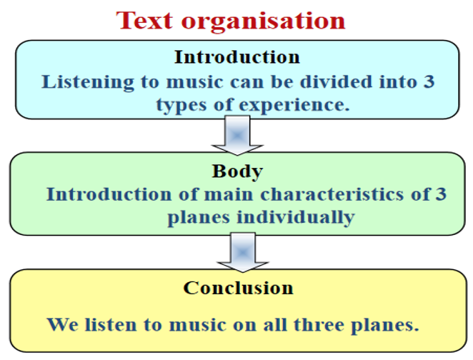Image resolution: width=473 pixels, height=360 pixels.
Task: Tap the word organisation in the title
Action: pos(263,21)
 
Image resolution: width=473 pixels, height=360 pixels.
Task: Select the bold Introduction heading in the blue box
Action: pos(237,57)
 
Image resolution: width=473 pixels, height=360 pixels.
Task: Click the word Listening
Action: pos(88,82)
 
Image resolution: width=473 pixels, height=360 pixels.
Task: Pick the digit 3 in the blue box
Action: pos(429,81)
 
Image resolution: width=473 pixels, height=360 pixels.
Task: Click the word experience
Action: pos(294,105)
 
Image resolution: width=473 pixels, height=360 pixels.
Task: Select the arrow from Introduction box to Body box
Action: pos(237,136)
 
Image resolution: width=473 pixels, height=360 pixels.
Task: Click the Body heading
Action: pos(237,171)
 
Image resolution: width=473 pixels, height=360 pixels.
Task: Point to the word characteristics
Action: pos(332,194)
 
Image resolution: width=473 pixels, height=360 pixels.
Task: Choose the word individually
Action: pos(296,217)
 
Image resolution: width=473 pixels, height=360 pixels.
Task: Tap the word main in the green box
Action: pos(229,194)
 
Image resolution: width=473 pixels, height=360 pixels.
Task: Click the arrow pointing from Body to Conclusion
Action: pos(243,253)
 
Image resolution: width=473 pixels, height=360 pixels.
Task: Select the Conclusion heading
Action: pos(239,288)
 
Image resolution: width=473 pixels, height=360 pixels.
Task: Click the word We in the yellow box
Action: pos(62,325)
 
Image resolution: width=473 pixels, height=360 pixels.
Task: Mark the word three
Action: pos(319,325)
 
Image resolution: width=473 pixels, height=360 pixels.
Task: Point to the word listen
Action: pos(111,325)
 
